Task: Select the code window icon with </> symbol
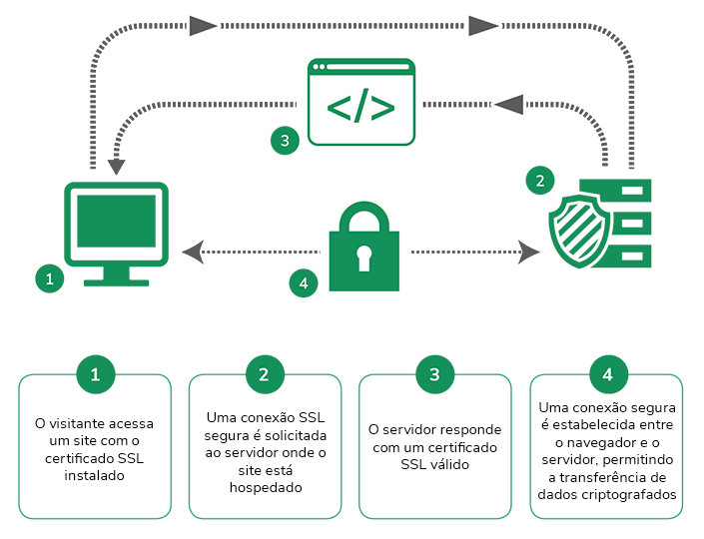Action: (x=359, y=103)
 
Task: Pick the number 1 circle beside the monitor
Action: (x=48, y=278)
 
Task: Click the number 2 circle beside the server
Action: (x=540, y=181)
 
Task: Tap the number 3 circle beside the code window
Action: (x=285, y=141)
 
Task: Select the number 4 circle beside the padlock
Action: (x=304, y=283)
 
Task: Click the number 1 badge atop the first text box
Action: (x=95, y=374)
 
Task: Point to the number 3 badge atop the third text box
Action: (x=434, y=374)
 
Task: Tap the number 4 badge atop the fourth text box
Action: (x=607, y=374)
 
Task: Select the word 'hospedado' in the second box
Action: (x=265, y=488)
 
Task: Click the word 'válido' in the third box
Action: (x=456, y=464)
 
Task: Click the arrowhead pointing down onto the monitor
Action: (x=117, y=166)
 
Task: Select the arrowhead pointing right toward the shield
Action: (x=529, y=253)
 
